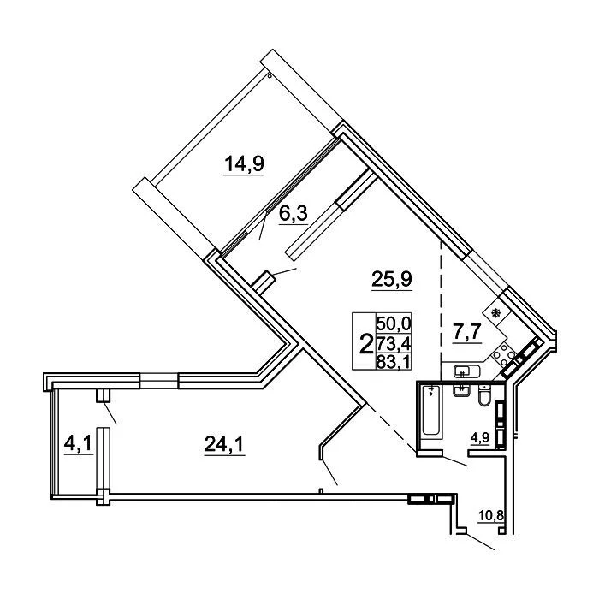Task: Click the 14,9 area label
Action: pos(244,164)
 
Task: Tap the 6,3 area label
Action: pos(294,214)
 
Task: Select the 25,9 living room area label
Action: pos(392,279)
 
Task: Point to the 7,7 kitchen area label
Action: pos(467,332)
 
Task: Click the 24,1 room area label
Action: pos(224,444)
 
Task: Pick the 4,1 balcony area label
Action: pos(78,443)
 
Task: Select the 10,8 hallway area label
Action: pos(491,516)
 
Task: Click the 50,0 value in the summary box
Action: pos(394,324)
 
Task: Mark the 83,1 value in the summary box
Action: pos(394,361)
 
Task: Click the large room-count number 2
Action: pos(366,343)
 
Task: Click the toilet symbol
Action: pos(484,395)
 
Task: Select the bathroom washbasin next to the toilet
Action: pos(461,390)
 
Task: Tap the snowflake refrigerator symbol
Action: pos(495,314)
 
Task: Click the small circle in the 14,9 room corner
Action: pos(270,76)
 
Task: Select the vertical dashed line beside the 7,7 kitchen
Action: pos(441,311)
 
